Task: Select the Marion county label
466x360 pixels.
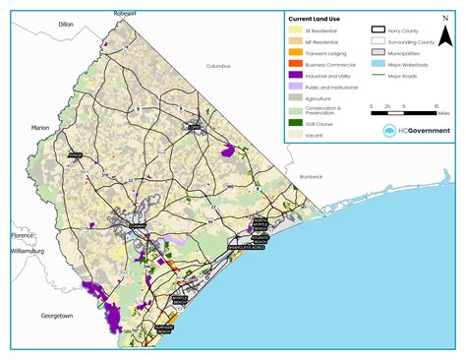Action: click(x=39, y=128)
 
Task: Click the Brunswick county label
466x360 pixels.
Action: click(x=311, y=176)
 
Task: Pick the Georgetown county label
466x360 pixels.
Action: click(x=56, y=316)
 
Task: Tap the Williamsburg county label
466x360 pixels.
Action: click(x=29, y=251)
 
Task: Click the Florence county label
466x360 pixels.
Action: click(x=23, y=236)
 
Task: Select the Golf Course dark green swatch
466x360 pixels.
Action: click(x=294, y=122)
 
